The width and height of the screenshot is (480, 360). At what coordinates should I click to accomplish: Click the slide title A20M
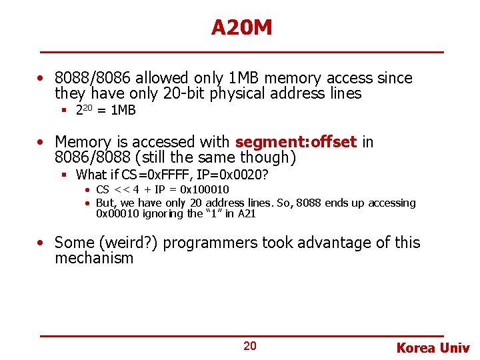(x=241, y=27)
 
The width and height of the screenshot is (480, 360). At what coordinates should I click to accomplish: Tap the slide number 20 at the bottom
(x=249, y=346)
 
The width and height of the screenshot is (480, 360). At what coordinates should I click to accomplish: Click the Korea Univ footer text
(x=433, y=347)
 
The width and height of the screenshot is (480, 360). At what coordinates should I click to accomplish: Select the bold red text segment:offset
(x=296, y=142)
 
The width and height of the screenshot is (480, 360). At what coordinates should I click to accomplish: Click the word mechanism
(x=94, y=259)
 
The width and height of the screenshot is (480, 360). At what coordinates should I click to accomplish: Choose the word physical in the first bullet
(x=237, y=94)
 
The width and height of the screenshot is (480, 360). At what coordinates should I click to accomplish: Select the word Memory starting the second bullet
(x=83, y=142)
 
